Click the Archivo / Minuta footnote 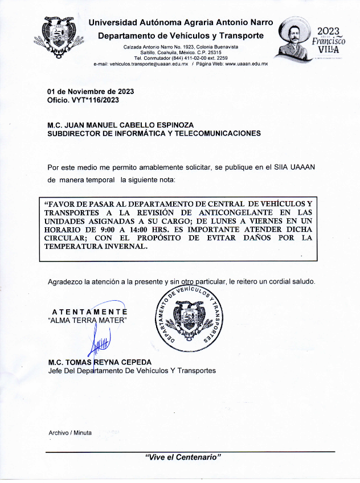70,433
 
